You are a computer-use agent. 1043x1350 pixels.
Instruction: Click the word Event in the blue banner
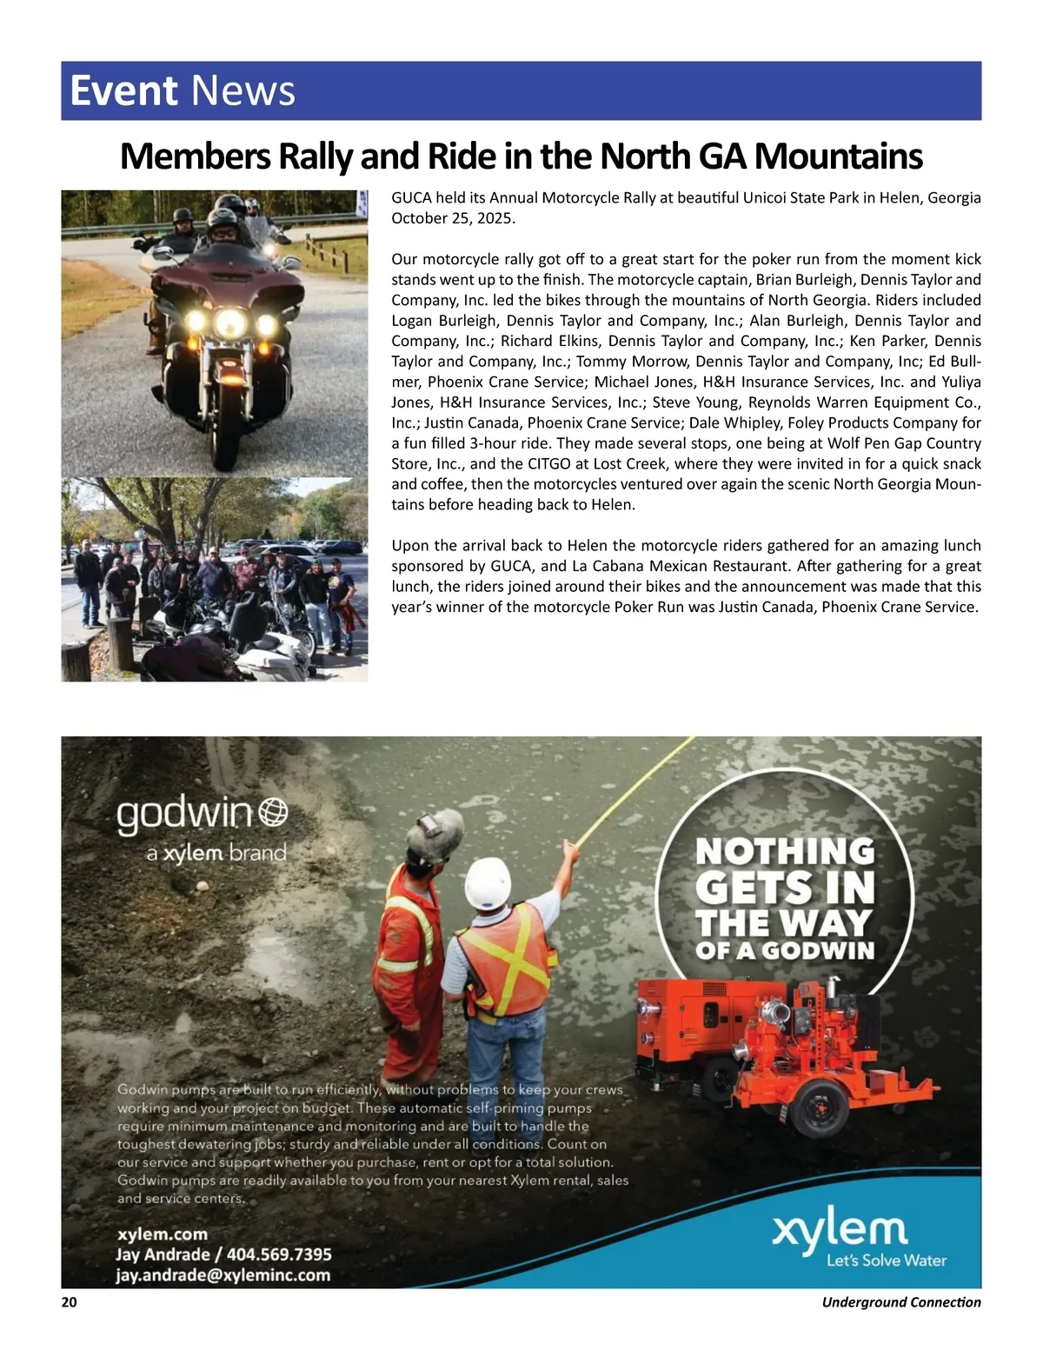123,90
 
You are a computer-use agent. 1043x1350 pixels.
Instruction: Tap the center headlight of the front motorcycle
230,323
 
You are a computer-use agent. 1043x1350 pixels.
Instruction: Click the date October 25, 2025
453,218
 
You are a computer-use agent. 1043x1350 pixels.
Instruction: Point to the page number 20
69,1301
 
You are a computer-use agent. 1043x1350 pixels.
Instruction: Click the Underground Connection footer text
900,1301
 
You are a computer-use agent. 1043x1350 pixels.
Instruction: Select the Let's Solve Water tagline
886,1260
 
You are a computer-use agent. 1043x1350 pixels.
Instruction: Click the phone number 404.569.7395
279,1254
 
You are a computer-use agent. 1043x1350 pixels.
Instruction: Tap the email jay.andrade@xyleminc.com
223,1275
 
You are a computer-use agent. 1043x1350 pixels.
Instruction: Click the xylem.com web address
163,1234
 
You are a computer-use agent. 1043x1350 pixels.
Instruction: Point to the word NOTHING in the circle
785,851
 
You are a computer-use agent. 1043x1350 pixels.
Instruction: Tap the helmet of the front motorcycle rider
223,218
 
